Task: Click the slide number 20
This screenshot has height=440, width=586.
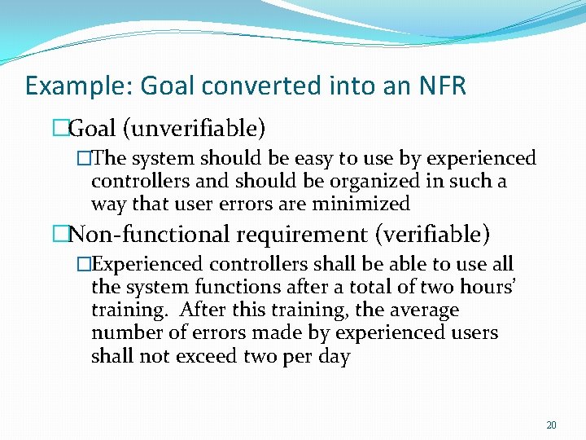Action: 551,425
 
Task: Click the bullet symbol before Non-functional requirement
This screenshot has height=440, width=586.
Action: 59,235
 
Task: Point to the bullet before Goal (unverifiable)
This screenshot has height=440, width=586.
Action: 59,128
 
